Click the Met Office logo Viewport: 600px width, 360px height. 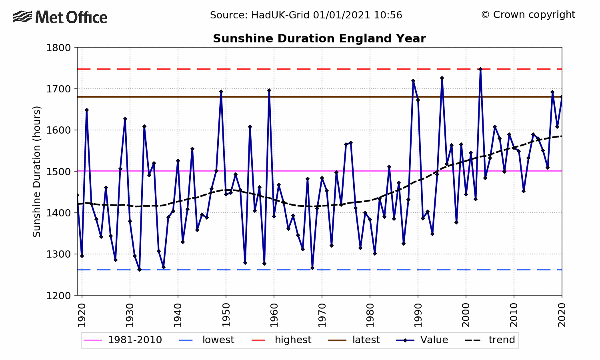pyautogui.click(x=60, y=17)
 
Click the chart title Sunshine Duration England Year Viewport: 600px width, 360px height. pyautogui.click(x=319, y=38)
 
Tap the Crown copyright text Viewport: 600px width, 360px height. pyautogui.click(x=528, y=15)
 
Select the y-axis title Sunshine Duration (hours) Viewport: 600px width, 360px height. pyautogui.click(x=37, y=171)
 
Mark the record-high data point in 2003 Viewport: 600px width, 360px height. pyautogui.click(x=480, y=69)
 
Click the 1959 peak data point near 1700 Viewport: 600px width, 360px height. pyautogui.click(x=269, y=90)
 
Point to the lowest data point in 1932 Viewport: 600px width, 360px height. pyautogui.click(x=140, y=270)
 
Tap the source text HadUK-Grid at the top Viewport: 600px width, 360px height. pyautogui.click(x=306, y=15)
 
